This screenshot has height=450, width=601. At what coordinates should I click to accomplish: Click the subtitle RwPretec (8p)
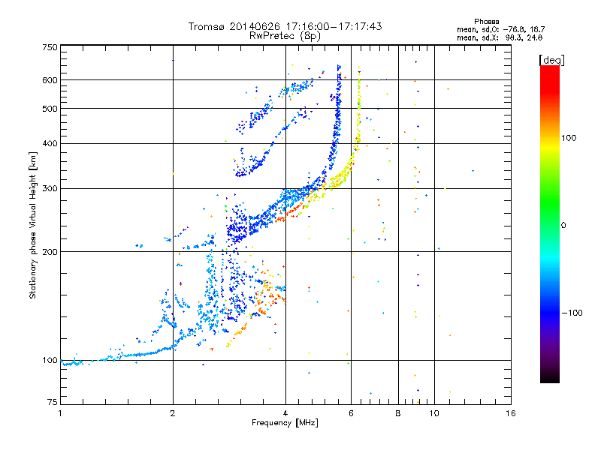pyautogui.click(x=285, y=36)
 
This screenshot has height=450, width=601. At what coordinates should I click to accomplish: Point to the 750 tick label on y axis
pyautogui.click(x=50, y=47)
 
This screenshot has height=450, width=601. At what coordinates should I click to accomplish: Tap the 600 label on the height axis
pyautogui.click(x=50, y=80)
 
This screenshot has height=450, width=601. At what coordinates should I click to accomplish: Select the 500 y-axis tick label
pyautogui.click(x=50, y=109)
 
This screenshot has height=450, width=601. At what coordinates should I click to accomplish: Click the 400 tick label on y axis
pyautogui.click(x=50, y=143)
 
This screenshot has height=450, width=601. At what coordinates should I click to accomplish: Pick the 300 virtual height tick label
pyautogui.click(x=50, y=189)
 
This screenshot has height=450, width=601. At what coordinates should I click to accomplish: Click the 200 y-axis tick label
pyautogui.click(x=50, y=252)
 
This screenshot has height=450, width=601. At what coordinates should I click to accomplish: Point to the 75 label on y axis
pyautogui.click(x=53, y=402)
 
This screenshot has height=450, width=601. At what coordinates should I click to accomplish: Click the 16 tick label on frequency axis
pyautogui.click(x=511, y=413)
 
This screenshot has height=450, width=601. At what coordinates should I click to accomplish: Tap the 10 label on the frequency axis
pyautogui.click(x=434, y=413)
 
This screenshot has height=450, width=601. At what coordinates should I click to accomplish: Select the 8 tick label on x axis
pyautogui.click(x=398, y=413)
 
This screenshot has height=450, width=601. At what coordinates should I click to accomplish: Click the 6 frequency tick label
pyautogui.click(x=351, y=413)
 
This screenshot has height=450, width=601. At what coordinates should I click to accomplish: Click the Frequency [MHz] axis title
pyautogui.click(x=285, y=423)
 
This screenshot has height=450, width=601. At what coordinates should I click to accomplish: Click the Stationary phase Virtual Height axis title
pyautogui.click(x=32, y=226)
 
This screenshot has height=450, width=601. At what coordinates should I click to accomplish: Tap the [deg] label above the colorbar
pyautogui.click(x=551, y=60)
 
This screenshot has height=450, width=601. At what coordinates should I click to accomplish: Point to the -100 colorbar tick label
pyautogui.click(x=572, y=313)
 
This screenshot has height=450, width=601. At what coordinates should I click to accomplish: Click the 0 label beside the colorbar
pyautogui.click(x=563, y=226)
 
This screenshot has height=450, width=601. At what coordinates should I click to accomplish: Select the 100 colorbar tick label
pyautogui.click(x=569, y=138)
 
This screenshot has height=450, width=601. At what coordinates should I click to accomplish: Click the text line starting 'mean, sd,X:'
pyautogui.click(x=500, y=38)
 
